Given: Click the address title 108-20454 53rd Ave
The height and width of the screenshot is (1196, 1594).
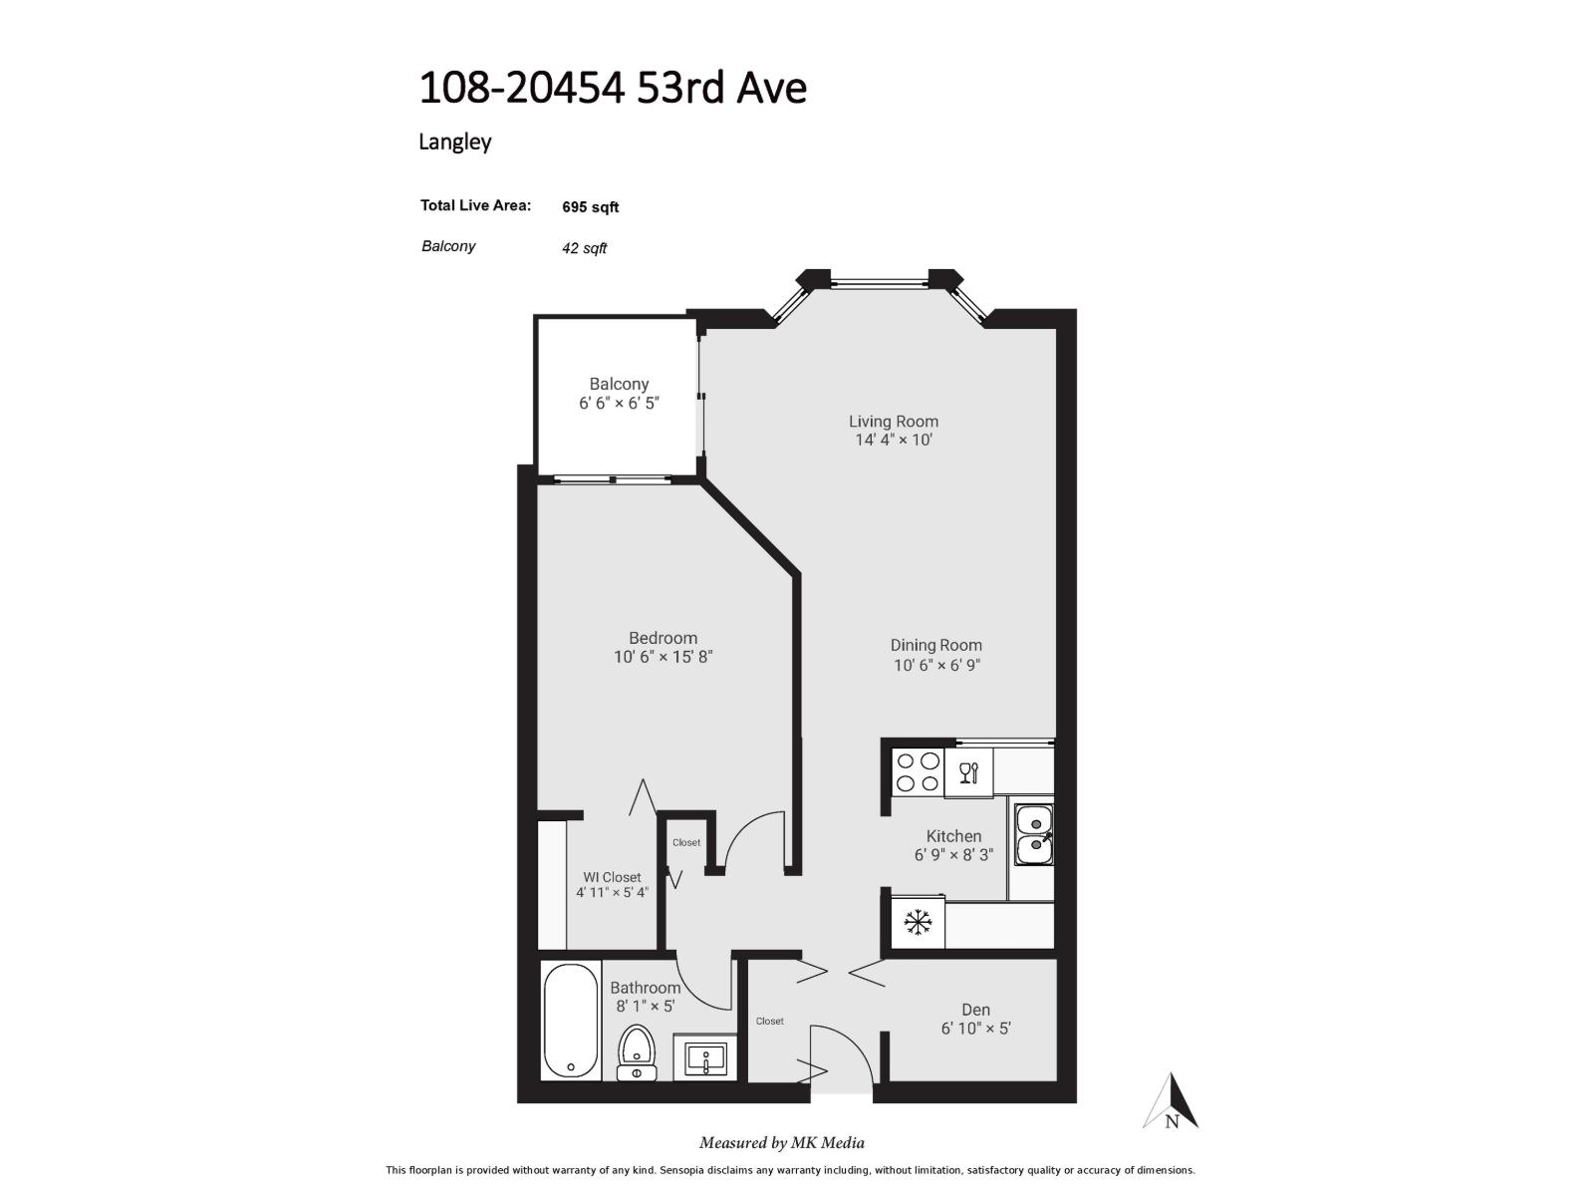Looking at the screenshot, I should pos(612,88).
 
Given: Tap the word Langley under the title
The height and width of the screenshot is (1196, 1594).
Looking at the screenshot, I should pos(454,142).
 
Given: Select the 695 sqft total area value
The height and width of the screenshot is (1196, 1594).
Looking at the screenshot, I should pos(590,207).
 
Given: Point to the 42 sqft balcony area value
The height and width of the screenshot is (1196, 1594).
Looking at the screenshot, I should pos(584,248).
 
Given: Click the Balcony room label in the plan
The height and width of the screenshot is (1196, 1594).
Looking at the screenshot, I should pos(619,384).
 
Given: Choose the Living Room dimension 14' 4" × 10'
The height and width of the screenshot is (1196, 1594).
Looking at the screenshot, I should pos(894,440).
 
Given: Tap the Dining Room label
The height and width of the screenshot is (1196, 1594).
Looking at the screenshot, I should pos(935,645).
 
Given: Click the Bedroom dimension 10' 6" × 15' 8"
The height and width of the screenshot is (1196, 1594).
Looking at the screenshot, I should pos(663,657).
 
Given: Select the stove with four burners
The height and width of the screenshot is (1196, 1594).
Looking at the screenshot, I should pos(918,772).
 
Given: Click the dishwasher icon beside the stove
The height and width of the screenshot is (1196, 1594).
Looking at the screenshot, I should pos(968,772).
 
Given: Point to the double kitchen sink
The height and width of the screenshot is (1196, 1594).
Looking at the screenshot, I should pos(1035,834).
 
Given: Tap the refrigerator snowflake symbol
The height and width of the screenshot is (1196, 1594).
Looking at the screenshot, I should pos(918,923).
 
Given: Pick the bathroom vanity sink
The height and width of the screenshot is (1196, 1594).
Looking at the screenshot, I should pos(705,1058).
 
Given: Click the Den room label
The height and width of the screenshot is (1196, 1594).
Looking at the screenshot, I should pos(975,1010).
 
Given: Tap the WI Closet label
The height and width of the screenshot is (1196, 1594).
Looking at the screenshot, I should pos(612,877).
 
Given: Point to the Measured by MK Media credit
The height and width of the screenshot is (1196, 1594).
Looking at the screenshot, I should pos(781,1143).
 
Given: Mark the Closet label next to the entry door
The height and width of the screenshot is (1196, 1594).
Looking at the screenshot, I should pos(769,1021).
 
